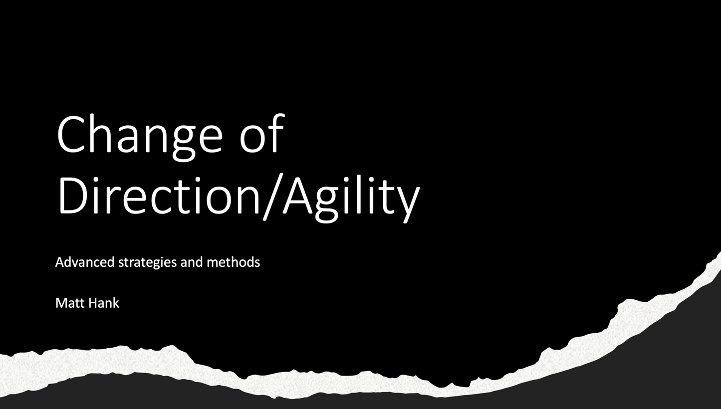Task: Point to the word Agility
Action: tap(352, 197)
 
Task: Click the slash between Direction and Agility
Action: tap(272, 197)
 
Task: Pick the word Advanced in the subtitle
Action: tap(85, 262)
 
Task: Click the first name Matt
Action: tap(70, 303)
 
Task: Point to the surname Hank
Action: tap(104, 303)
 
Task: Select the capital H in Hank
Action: tap(93, 303)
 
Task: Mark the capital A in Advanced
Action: tap(59, 262)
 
